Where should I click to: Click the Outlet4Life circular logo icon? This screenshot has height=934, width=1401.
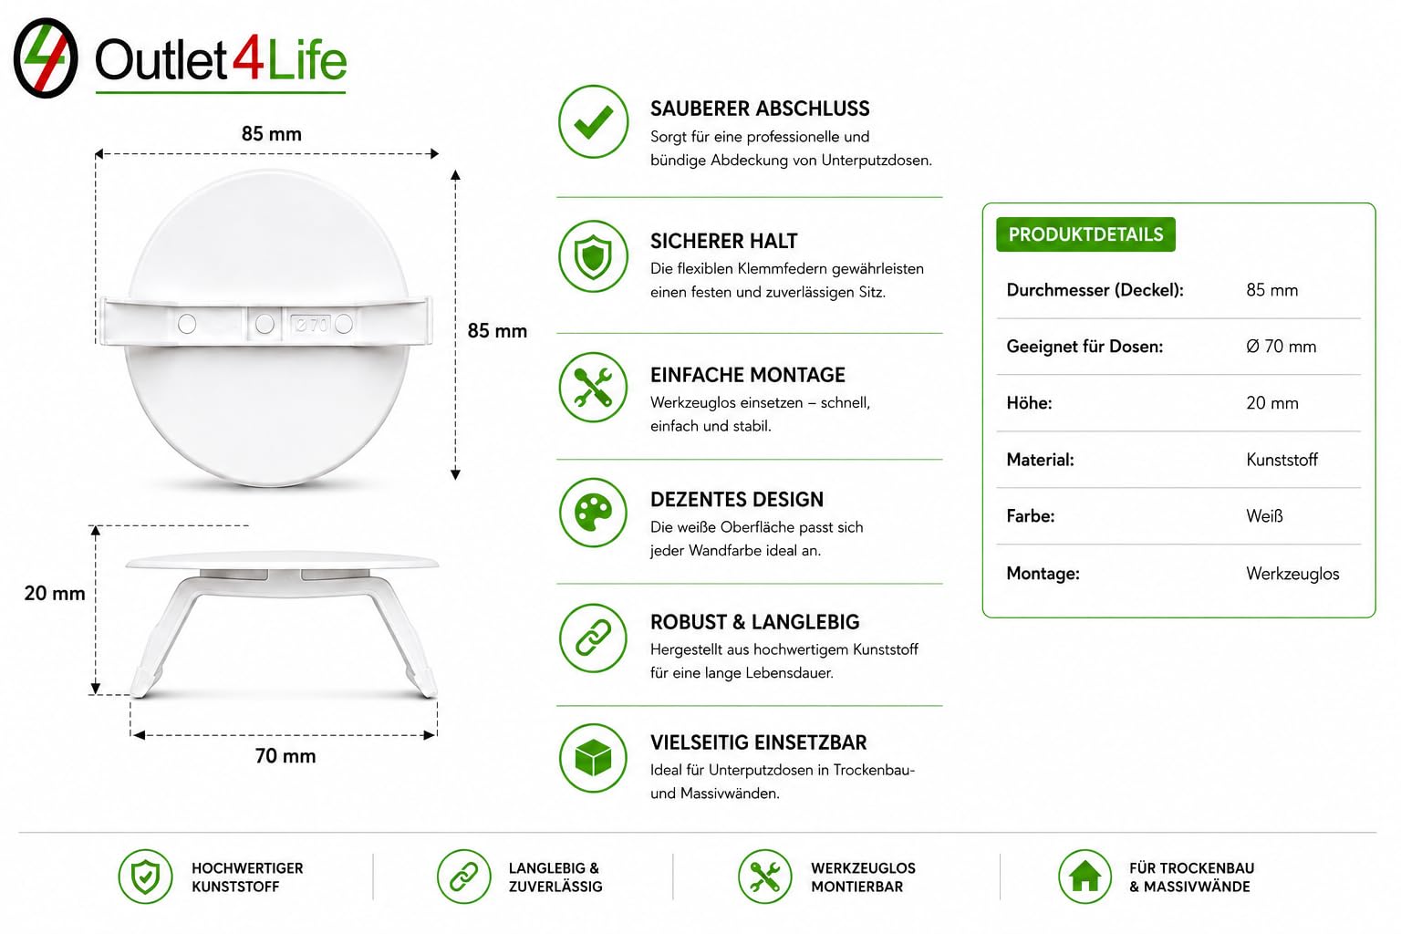(46, 57)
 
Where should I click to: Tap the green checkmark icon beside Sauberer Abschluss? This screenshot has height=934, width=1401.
(593, 121)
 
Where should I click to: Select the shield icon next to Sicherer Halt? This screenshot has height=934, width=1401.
(593, 256)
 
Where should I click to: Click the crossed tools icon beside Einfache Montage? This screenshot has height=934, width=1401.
(593, 388)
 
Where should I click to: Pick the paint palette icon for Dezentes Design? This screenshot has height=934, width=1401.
(593, 513)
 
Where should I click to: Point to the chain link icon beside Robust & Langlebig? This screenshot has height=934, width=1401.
(593, 638)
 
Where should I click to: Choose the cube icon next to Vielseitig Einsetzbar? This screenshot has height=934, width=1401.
(593, 758)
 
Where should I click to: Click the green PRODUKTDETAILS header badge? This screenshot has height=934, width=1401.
(1085, 234)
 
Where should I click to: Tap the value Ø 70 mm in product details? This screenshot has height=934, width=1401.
(1281, 346)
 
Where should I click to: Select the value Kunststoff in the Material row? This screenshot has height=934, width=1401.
(1282, 460)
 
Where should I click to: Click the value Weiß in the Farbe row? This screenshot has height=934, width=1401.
(1264, 516)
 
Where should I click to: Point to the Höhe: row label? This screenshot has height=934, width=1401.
(1029, 403)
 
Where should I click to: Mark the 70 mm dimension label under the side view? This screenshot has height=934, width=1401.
(285, 756)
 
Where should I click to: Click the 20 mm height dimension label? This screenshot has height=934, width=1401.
(55, 593)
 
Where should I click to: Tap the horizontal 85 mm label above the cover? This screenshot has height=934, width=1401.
(272, 133)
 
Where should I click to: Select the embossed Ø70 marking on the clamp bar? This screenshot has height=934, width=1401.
(311, 324)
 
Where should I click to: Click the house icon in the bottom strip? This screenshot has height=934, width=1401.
(1084, 876)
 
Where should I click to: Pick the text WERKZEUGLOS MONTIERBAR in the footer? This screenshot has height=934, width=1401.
(863, 877)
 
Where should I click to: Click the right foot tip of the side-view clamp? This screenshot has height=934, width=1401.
(431, 693)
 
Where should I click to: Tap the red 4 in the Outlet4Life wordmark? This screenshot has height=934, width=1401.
(248, 60)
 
